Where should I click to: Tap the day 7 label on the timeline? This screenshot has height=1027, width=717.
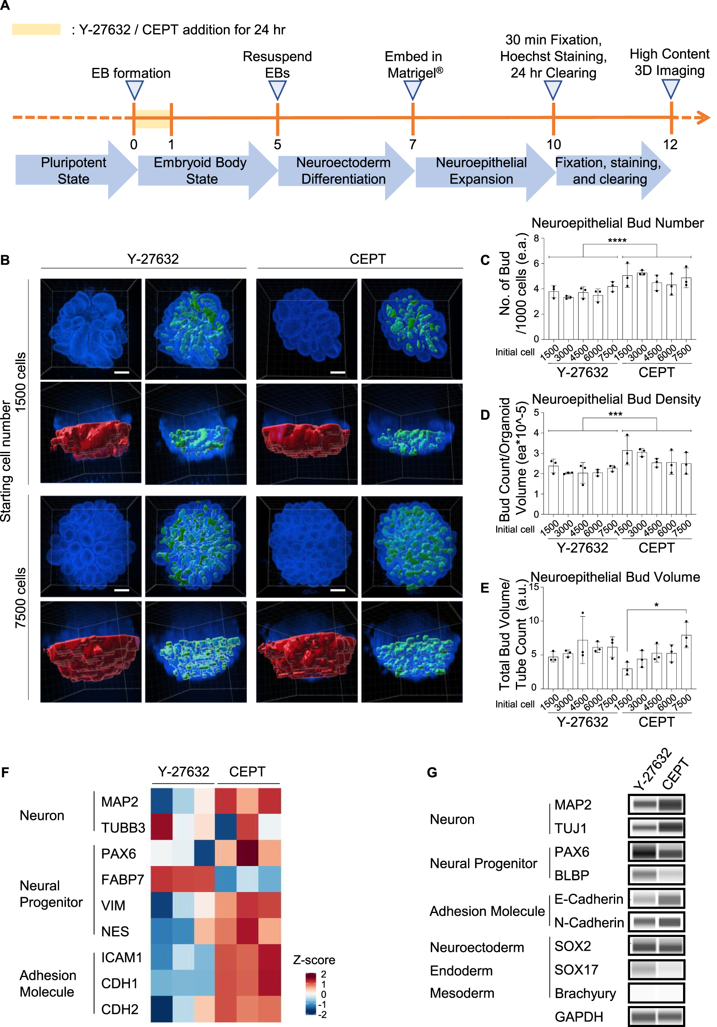412,145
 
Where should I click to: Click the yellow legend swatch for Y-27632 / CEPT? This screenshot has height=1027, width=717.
36,29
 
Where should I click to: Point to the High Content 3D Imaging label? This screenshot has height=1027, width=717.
669,62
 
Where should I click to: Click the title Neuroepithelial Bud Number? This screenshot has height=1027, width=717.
617,223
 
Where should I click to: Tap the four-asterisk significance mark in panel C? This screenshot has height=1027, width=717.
617,241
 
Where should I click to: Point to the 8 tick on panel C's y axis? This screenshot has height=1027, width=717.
536,239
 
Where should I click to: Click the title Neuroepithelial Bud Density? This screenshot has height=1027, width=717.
616,399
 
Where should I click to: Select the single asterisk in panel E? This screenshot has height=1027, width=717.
656,605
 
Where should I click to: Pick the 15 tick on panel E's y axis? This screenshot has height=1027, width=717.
533,587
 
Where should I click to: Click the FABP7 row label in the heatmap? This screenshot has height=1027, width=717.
122,880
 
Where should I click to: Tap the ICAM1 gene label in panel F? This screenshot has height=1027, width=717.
121,957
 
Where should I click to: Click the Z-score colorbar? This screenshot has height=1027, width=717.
311,994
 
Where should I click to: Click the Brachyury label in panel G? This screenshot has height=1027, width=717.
585,993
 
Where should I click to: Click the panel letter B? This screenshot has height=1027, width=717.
5,260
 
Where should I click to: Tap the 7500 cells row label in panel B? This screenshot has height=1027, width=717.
21,598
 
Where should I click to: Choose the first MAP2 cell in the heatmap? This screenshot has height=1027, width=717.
161,801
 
